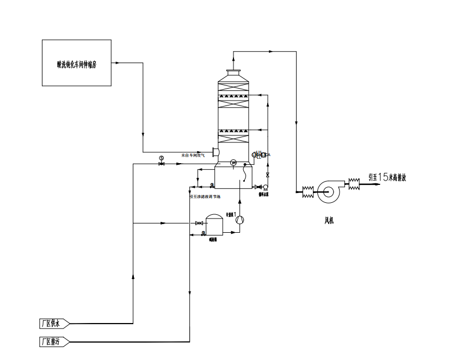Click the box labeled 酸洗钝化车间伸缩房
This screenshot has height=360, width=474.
pyautogui.click(x=77, y=63)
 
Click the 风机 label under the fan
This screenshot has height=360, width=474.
pyautogui.click(x=329, y=220)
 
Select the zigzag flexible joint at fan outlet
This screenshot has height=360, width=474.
pyautogui.click(x=354, y=183)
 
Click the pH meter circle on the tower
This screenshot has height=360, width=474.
pyautogui.click(x=233, y=162)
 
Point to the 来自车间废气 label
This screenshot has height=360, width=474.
pyautogui.click(x=194, y=155)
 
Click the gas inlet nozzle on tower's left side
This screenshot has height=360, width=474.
pyautogui.click(x=215, y=152)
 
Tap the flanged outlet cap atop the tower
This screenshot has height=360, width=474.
pyautogui.click(x=234, y=72)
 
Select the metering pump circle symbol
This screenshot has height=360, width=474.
pyautogui.click(x=240, y=219)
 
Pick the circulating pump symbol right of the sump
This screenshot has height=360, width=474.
pyautogui.click(x=265, y=187)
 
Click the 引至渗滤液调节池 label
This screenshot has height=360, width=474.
pyautogui.click(x=205, y=196)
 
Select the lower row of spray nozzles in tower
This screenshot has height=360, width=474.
pyautogui.click(x=235, y=131)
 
